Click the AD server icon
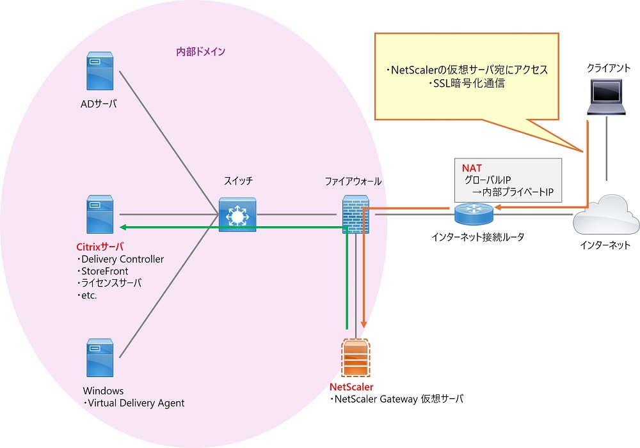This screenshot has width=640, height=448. [x=100, y=71]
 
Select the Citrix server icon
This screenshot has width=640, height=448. [x=100, y=215]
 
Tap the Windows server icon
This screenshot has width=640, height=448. [x=100, y=358]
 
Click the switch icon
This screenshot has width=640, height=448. [x=237, y=215]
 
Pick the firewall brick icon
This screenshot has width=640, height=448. [x=355, y=215]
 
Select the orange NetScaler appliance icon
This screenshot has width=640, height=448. [x=355, y=358]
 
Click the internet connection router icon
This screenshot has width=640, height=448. [x=474, y=214]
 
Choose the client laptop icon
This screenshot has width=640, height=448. [x=606, y=97]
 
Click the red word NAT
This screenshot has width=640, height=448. [x=472, y=168]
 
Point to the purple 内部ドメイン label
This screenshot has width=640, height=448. [x=200, y=52]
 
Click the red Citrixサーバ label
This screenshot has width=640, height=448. [x=100, y=247]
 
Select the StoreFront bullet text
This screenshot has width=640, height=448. [x=102, y=271]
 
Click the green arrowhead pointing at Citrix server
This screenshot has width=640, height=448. [x=122, y=227]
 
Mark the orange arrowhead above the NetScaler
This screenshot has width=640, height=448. [x=364, y=325]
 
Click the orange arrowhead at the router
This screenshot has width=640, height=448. [x=497, y=208]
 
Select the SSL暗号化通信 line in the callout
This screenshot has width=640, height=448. [x=467, y=84]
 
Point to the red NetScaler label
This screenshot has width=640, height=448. [x=351, y=387]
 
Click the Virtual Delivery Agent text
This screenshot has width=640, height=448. [x=134, y=403]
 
